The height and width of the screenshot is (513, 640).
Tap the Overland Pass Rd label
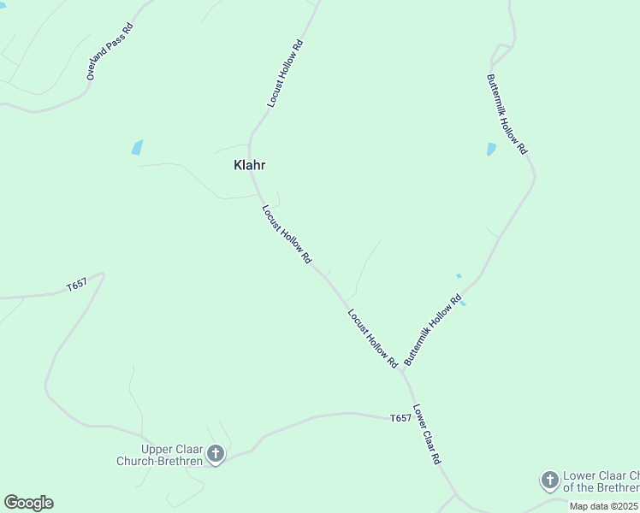[110, 51]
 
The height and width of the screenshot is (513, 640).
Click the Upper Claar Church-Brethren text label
[160, 455]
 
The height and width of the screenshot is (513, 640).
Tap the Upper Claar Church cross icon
[216, 454]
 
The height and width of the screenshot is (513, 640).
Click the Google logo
[28, 503]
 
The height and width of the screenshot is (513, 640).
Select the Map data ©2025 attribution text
[604, 506]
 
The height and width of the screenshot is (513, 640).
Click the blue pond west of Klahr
[137, 147]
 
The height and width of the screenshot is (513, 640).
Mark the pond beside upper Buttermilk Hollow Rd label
[491, 149]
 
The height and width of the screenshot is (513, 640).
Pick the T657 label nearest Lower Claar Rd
[400, 418]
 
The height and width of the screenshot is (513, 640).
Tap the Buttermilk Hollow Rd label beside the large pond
[507, 113]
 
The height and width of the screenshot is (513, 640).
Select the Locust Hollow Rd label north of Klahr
[285, 73]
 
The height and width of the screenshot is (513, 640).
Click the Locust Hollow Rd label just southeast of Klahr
[286, 233]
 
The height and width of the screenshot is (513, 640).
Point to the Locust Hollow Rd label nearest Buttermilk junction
[373, 338]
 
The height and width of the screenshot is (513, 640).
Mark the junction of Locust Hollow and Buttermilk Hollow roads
[401, 370]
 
